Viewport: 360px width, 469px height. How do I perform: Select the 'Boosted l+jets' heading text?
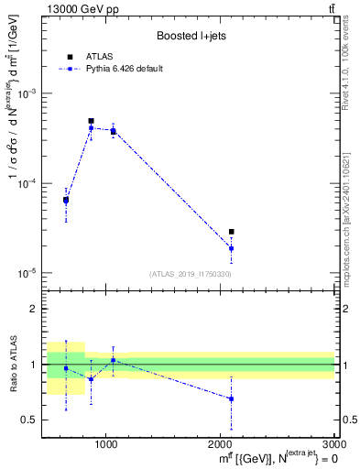click(191, 36)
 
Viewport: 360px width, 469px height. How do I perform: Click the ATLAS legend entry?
click(96, 57)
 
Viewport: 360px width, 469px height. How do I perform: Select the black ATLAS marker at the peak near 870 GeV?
click(91, 121)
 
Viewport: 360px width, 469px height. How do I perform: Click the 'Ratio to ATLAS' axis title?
click(12, 365)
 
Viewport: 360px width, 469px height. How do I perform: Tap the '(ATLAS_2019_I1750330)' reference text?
click(191, 274)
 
